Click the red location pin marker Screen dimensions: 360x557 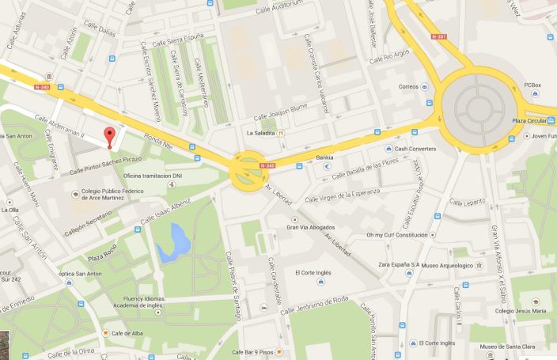[109, 136]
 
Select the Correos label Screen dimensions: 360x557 [408, 87]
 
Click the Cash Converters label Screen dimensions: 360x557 [415, 149]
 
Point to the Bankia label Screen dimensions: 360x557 [324, 157]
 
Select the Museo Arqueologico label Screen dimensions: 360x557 [445, 265]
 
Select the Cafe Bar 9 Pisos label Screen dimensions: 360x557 [252, 351]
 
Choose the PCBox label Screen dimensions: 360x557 [531, 85]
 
